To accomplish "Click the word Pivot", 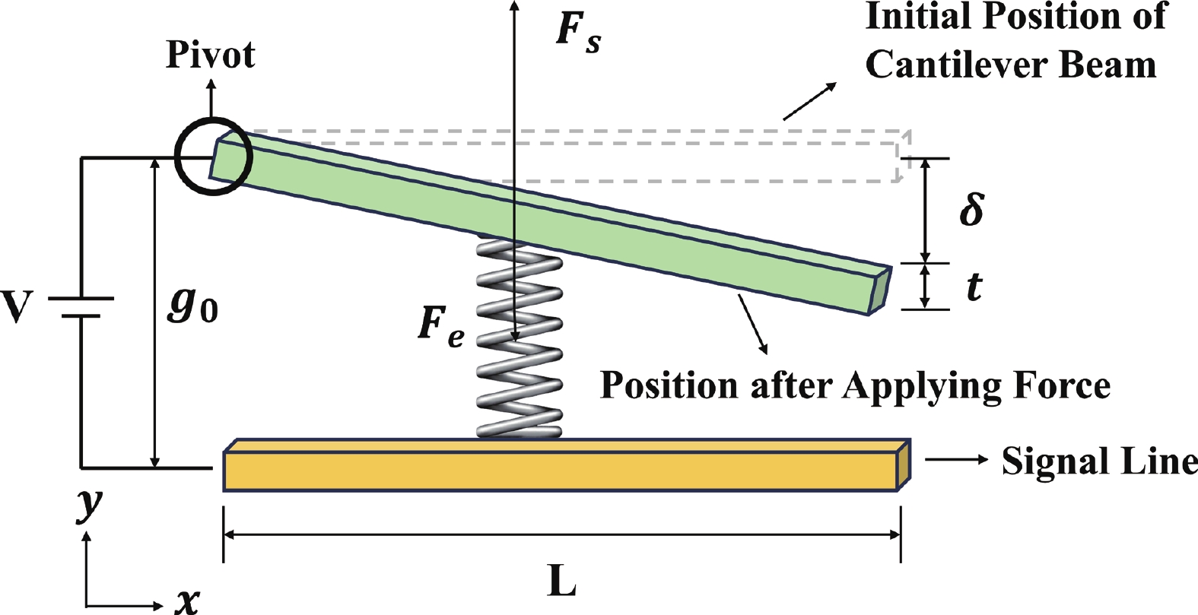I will pyautogui.click(x=210, y=55).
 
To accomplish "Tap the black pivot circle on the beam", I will pyautogui.click(x=212, y=157).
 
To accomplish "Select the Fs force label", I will pyautogui.click(x=578, y=32).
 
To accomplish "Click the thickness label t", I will pyautogui.click(x=974, y=287).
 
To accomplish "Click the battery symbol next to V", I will pyautogui.click(x=81, y=306).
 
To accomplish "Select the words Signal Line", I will pyautogui.click(x=1098, y=461).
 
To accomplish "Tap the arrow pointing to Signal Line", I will pyautogui.click(x=957, y=459).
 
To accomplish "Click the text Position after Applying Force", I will pyautogui.click(x=855, y=385).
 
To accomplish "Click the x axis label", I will pyautogui.click(x=187, y=601).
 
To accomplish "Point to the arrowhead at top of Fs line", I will pyautogui.click(x=514, y=6).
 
